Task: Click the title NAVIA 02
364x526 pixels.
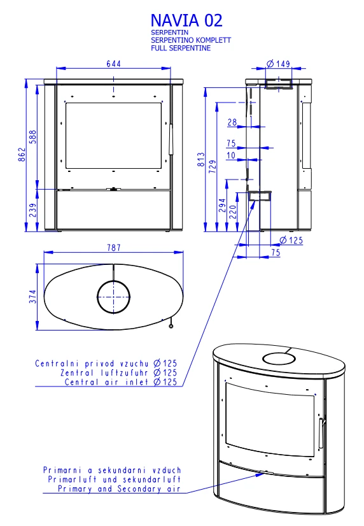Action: pyautogui.click(x=186, y=20)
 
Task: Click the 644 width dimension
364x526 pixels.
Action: pyautogui.click(x=114, y=64)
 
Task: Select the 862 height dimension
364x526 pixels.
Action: pyautogui.click(x=22, y=154)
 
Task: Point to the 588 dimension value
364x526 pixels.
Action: pyautogui.click(x=33, y=137)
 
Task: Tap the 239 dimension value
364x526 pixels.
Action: pyautogui.click(x=33, y=210)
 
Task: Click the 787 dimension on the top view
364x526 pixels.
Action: pyautogui.click(x=114, y=248)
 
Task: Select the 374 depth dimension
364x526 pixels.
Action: pyautogui.click(x=33, y=297)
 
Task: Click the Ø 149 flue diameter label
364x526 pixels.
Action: pyautogui.click(x=279, y=64)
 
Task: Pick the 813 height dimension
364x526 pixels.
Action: pyautogui.click(x=201, y=159)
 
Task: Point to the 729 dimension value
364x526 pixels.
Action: pyautogui.click(x=213, y=167)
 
